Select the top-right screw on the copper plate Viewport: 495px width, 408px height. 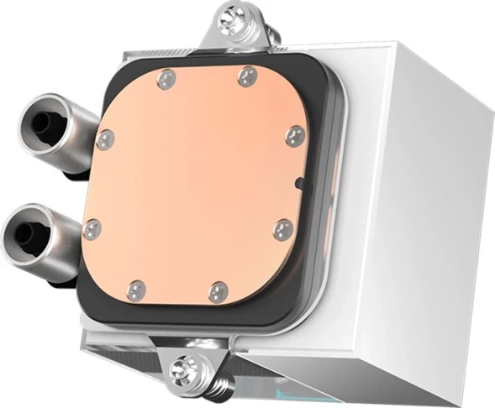point(246,77)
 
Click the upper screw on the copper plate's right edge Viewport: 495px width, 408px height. point(294,137)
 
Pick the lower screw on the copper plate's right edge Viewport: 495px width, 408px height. point(282,229)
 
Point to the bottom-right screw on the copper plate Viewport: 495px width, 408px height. point(219,291)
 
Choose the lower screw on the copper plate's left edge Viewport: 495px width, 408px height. point(92,228)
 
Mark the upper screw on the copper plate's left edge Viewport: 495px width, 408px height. point(106,139)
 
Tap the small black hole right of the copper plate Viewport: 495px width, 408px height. point(298,182)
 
